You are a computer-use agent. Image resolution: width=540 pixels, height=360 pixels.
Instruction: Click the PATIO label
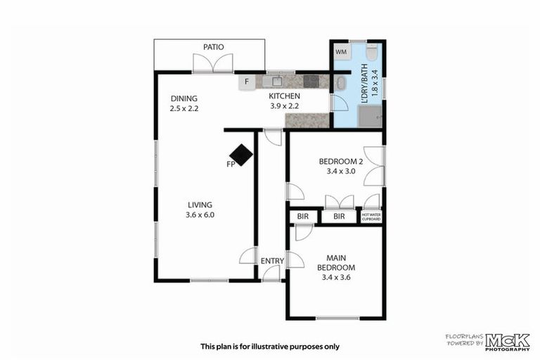coord(214,47)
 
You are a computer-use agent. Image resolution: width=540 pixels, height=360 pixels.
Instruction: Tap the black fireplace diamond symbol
coord(241,155)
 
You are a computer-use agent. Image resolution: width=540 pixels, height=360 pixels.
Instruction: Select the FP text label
coord(230,165)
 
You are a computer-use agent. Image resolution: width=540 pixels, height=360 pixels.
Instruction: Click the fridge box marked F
coord(246,82)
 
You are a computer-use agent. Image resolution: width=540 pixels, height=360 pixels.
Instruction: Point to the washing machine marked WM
coord(341,52)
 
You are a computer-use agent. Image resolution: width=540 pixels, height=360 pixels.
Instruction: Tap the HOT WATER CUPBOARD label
coord(371,217)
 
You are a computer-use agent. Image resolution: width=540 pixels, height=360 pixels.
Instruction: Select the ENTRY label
coord(272,262)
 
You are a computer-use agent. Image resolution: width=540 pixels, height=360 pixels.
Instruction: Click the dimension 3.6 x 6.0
coord(200,215)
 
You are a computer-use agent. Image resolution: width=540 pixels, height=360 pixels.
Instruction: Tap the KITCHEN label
coord(285,96)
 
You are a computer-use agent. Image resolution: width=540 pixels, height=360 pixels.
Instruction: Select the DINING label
coord(184,98)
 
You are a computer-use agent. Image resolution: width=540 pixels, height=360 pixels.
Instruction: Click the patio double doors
coord(213,63)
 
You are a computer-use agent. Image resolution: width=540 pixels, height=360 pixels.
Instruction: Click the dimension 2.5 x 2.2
coord(184,109)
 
